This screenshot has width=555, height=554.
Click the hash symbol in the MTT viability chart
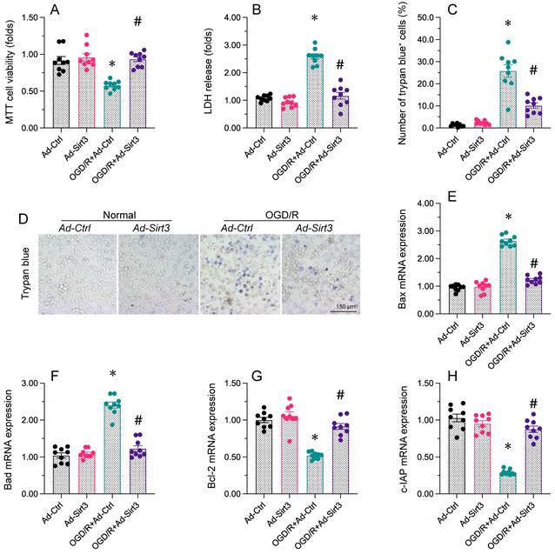(x=136, y=21)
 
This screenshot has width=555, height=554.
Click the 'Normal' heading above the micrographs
(x=116, y=212)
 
